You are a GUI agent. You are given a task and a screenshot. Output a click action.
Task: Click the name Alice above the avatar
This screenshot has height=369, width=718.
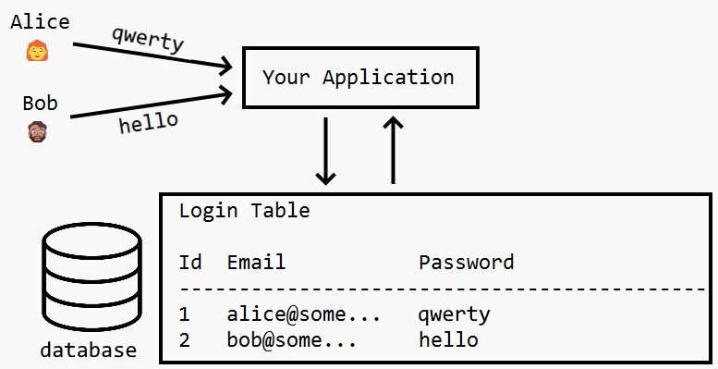click(x=40, y=22)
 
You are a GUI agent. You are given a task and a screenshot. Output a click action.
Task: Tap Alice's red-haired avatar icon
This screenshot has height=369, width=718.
click(x=37, y=51)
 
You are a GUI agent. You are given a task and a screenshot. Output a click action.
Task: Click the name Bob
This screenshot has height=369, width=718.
click(x=40, y=103)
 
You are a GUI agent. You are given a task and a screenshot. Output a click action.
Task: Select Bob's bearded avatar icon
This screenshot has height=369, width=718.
click(x=37, y=130)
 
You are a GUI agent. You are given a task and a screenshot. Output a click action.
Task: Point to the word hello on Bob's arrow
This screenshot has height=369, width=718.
click(x=149, y=122)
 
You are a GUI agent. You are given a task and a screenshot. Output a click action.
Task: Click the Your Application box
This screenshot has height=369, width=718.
click(x=359, y=77)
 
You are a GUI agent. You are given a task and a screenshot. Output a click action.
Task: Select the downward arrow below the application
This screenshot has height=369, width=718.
click(x=325, y=150)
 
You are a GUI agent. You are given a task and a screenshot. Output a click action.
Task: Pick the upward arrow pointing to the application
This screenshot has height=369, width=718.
click(x=394, y=150)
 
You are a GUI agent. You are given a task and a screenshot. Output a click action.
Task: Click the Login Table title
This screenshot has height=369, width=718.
click(x=244, y=211)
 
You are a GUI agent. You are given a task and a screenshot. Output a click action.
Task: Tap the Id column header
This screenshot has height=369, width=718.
click(x=190, y=263)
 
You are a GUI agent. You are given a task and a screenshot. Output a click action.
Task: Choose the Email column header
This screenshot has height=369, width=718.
click(x=256, y=263)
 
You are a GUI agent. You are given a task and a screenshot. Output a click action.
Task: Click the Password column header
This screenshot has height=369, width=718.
click(x=466, y=263)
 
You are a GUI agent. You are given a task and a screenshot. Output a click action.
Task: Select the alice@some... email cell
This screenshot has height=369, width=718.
click(x=304, y=314)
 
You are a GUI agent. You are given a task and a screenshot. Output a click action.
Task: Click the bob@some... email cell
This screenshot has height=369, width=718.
click(x=292, y=340)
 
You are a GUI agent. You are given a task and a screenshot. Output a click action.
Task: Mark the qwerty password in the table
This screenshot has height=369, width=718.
click(x=454, y=315)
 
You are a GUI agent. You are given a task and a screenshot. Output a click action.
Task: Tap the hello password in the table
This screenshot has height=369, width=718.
click(x=448, y=340)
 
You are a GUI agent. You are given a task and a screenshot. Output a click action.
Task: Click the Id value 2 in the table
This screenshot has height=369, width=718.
click(x=185, y=340)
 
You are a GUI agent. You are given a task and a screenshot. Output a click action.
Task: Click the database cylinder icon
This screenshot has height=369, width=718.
click(x=91, y=277)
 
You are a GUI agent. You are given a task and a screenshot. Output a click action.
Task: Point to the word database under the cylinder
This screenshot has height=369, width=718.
click(x=89, y=351)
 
